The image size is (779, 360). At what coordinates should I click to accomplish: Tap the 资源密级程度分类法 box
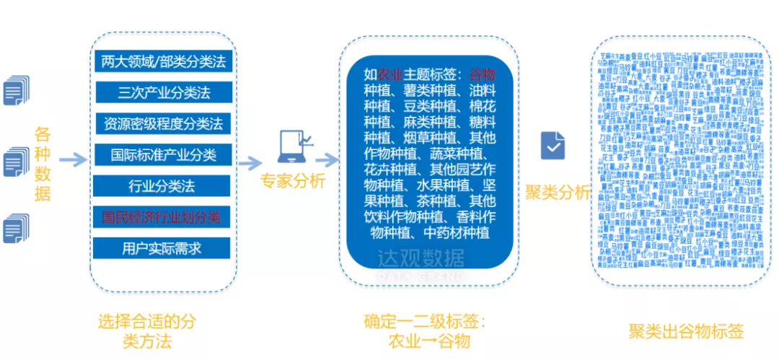164,123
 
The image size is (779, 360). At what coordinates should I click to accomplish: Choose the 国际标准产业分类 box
164,154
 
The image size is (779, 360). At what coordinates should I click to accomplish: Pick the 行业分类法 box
164,186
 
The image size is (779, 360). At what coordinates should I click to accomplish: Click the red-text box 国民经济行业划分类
164,216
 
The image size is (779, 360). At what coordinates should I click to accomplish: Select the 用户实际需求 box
164,248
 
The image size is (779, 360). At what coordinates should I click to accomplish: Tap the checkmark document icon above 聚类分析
553,146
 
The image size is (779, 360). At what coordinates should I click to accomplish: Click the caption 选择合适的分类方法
146,330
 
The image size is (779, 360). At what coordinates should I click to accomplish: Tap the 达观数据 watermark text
423,259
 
